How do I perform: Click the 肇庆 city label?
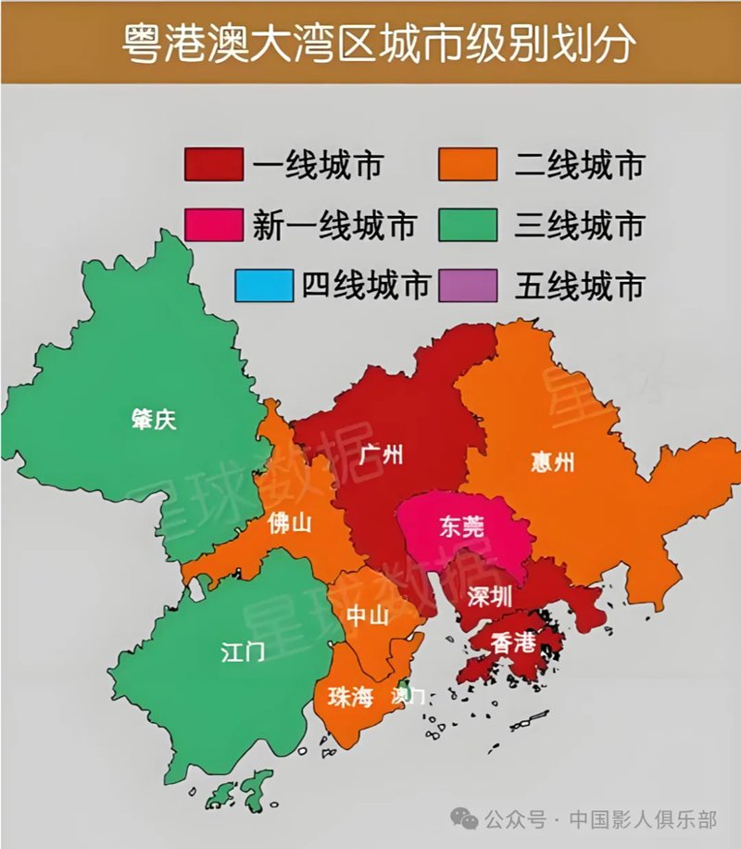tap(153, 420)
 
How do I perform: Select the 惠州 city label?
tap(553, 461)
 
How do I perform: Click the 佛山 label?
tap(289, 524)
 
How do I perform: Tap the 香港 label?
tap(513, 641)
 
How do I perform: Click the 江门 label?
tap(243, 652)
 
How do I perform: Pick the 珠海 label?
tap(349, 696)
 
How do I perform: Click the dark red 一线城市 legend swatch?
tap(214, 165)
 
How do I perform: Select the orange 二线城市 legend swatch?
tap(466, 165)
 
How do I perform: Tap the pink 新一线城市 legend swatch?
tap(214, 225)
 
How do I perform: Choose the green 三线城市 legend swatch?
tap(466, 225)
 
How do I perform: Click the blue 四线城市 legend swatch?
tap(263, 285)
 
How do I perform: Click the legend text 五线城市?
tap(579, 285)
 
